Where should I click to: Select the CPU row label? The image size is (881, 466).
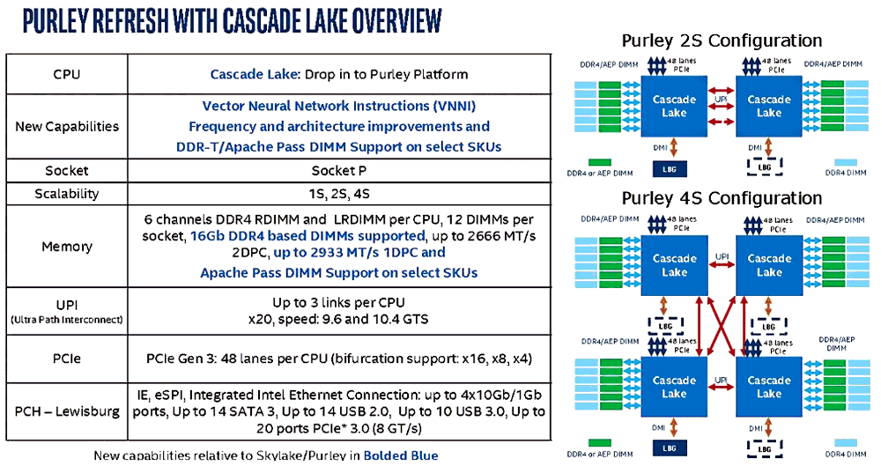coord(67,74)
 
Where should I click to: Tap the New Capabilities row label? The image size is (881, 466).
coord(67,126)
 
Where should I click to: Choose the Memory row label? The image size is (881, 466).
coord(67,247)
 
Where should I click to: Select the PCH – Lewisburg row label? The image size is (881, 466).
coord(67,411)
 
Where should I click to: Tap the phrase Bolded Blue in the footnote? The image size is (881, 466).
coord(400,455)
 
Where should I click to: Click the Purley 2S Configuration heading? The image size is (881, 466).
coord(722,41)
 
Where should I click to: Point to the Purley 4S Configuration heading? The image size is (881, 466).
coord(722,197)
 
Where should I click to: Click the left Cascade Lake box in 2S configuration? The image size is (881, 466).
coord(674,107)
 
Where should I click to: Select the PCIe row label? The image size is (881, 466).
coord(67,359)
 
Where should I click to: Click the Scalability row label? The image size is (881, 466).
coord(67,194)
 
